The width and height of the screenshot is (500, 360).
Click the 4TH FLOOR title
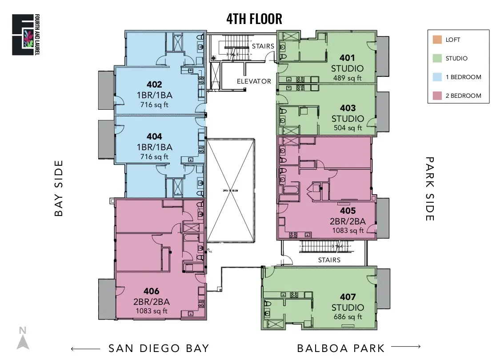tap(254, 19)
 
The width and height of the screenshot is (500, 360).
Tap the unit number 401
tap(348, 58)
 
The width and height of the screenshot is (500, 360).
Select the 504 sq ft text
tap(348, 128)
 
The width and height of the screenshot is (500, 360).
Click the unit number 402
tap(154, 84)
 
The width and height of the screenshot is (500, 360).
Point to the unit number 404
tap(154, 136)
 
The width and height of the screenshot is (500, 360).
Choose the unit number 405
tap(348, 211)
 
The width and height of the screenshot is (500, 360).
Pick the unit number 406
tap(152, 292)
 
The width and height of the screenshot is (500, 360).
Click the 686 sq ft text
tap(348, 317)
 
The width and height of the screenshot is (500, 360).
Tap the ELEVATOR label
tap(254, 81)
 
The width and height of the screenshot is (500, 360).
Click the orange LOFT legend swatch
tap(436, 40)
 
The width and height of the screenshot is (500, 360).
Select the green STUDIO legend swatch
tap(436, 58)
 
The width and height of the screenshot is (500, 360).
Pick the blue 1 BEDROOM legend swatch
tap(436, 77)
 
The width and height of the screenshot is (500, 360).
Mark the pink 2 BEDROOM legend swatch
tap(436, 96)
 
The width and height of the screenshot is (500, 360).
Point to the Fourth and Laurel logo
tap(23, 35)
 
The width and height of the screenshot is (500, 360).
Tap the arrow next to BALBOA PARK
tap(406, 347)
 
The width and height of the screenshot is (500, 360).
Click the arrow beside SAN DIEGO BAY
tap(85, 349)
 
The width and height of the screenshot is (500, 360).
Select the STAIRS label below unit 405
tap(329, 260)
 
